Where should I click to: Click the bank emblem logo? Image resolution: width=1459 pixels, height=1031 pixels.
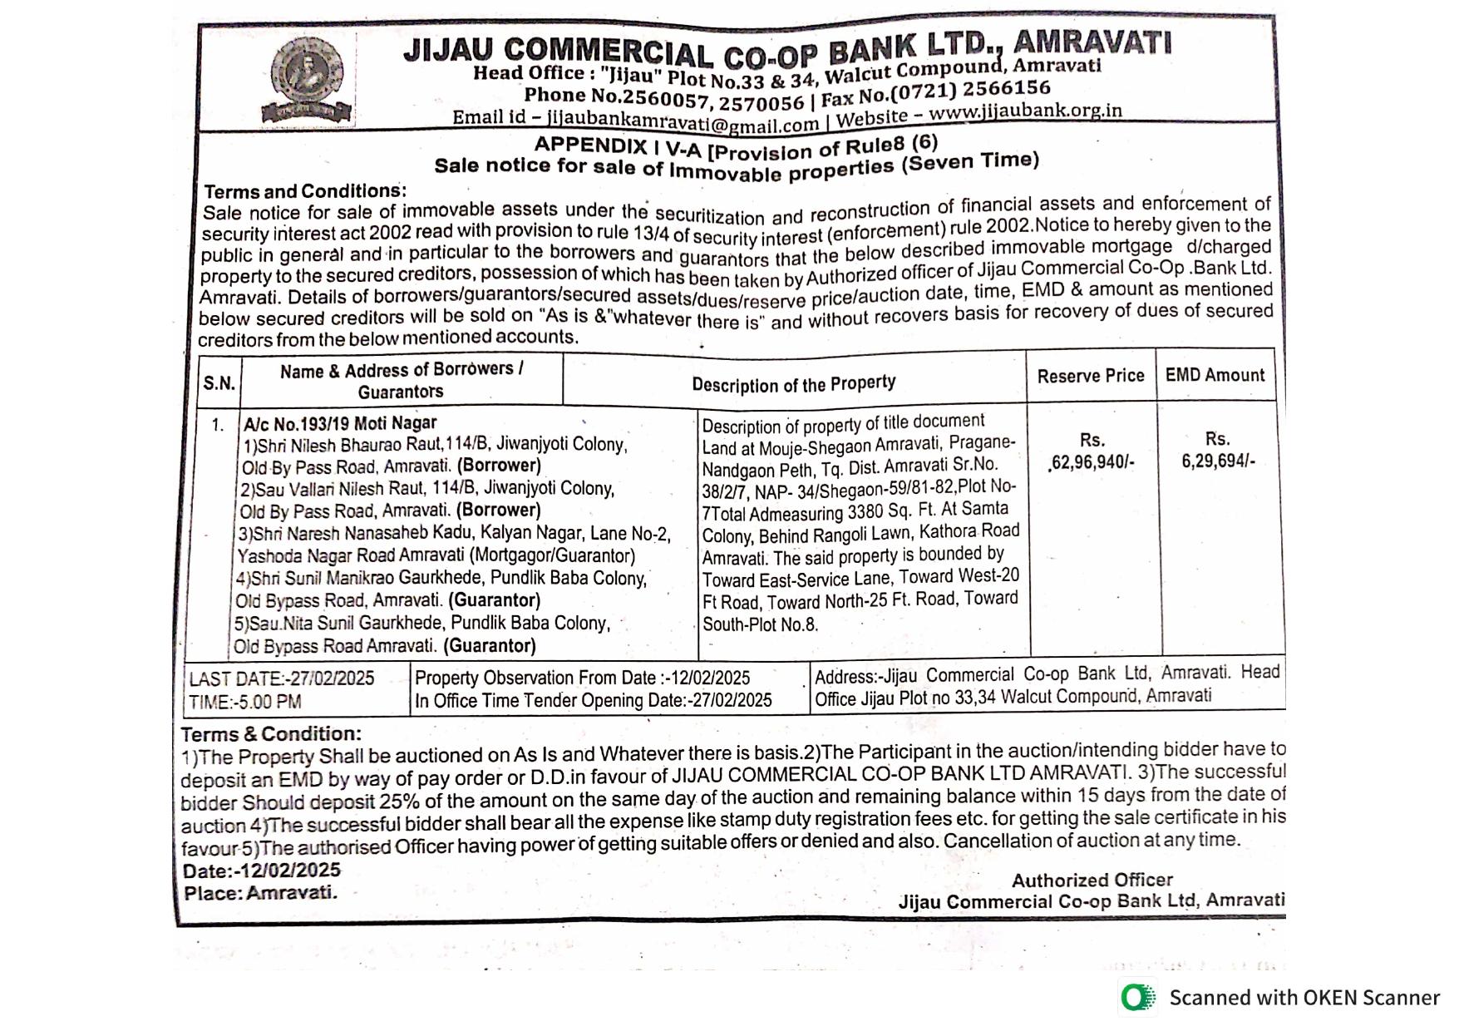click(x=307, y=80)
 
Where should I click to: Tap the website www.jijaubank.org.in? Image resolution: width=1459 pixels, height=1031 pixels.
click(x=1025, y=111)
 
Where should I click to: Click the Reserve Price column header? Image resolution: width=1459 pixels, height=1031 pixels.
click(x=1091, y=376)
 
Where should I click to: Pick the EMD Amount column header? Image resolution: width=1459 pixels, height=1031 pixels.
click(x=1215, y=375)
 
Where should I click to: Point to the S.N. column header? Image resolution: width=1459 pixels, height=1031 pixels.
click(x=219, y=383)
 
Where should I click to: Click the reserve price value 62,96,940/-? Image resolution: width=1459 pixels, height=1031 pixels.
click(x=1092, y=462)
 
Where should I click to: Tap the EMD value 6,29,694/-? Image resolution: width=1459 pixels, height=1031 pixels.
click(x=1218, y=461)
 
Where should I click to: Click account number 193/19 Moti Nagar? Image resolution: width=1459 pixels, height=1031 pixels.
click(x=340, y=423)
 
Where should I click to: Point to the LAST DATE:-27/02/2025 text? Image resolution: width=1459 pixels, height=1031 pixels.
click(x=282, y=678)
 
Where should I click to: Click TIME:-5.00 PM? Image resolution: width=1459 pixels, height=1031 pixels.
click(x=245, y=702)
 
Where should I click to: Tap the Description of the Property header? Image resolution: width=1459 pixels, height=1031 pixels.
click(x=793, y=384)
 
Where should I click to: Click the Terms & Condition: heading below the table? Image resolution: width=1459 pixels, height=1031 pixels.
click(x=271, y=734)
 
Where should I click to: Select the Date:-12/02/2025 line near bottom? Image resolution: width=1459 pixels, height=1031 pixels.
click(x=262, y=871)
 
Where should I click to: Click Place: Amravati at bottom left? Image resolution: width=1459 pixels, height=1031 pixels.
click(x=260, y=893)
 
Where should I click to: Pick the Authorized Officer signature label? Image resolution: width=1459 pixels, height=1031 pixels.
click(x=1092, y=880)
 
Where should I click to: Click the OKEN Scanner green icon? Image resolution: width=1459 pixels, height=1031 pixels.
click(x=1137, y=997)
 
